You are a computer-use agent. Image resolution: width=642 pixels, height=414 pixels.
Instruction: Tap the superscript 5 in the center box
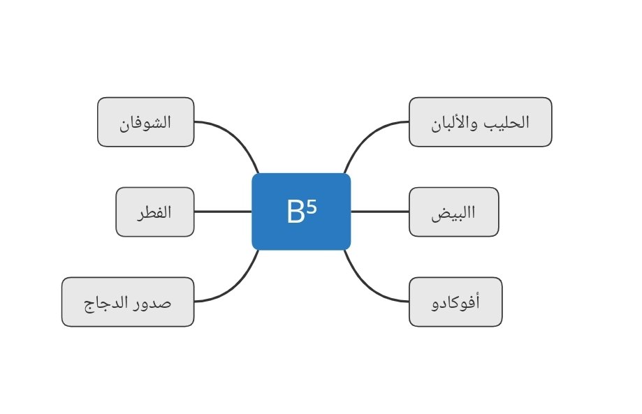[x=312, y=207]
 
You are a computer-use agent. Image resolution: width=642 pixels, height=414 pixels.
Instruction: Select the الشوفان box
[x=145, y=122]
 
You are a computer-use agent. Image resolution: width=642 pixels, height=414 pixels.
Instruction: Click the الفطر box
[x=154, y=212]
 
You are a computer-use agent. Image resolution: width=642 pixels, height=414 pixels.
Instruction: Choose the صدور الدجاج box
[x=127, y=302]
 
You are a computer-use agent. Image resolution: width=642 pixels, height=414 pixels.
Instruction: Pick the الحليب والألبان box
[x=480, y=122]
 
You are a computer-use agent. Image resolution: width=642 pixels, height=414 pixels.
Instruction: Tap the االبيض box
[x=453, y=212]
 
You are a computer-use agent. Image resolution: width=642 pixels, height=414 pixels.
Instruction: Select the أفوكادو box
[x=455, y=302]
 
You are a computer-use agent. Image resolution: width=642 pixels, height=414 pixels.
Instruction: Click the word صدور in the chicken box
[x=154, y=303]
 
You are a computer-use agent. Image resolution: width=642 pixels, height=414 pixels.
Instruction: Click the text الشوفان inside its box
[x=145, y=124]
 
